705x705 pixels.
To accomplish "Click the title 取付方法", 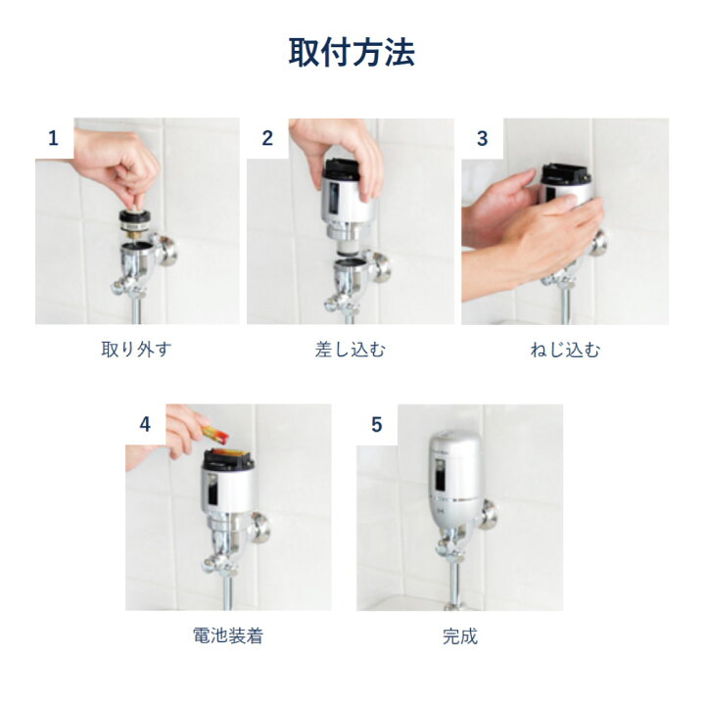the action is tap(352, 53).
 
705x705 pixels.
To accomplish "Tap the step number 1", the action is tap(53, 138).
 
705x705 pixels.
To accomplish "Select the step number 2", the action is tap(267, 138).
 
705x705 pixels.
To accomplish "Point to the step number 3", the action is tap(482, 138).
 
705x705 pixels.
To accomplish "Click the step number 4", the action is tap(145, 424).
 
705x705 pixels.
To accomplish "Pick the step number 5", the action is tap(376, 424).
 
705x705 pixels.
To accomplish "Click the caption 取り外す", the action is tap(136, 350).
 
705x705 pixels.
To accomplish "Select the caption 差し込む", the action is tap(351, 350).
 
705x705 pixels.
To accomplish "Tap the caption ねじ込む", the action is tap(565, 350).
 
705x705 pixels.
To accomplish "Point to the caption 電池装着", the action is tap(228, 635).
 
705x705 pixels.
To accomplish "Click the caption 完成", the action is tap(460, 636).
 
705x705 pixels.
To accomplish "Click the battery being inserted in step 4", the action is tap(214, 434).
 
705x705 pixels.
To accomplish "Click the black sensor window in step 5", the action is tap(440, 476).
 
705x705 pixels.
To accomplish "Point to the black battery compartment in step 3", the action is tap(565, 174).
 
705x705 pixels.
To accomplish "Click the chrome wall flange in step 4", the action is tap(259, 527).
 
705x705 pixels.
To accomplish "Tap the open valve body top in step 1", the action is tap(137, 247).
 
